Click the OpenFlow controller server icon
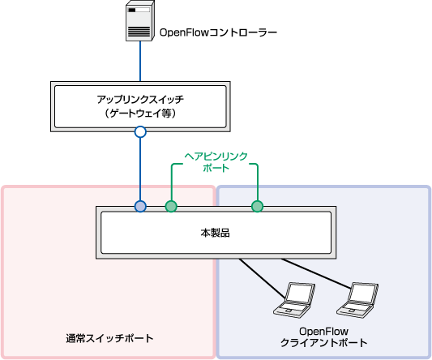point(140,20)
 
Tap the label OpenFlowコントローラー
point(218,32)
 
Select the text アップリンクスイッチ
point(140,99)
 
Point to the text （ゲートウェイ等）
point(140,114)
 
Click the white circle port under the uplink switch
point(140,132)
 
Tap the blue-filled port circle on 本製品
point(140,206)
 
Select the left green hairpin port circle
point(171,206)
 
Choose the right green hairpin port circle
point(257,206)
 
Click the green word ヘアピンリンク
point(216,156)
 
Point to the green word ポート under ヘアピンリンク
point(216,168)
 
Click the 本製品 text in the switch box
point(215,233)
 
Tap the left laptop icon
point(294,300)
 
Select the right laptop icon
point(357,300)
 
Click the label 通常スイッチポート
point(109,338)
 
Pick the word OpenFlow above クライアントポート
point(323,331)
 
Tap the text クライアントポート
point(323,343)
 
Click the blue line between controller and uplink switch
point(140,61)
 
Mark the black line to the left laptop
point(263,278)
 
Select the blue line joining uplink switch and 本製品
point(140,169)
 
